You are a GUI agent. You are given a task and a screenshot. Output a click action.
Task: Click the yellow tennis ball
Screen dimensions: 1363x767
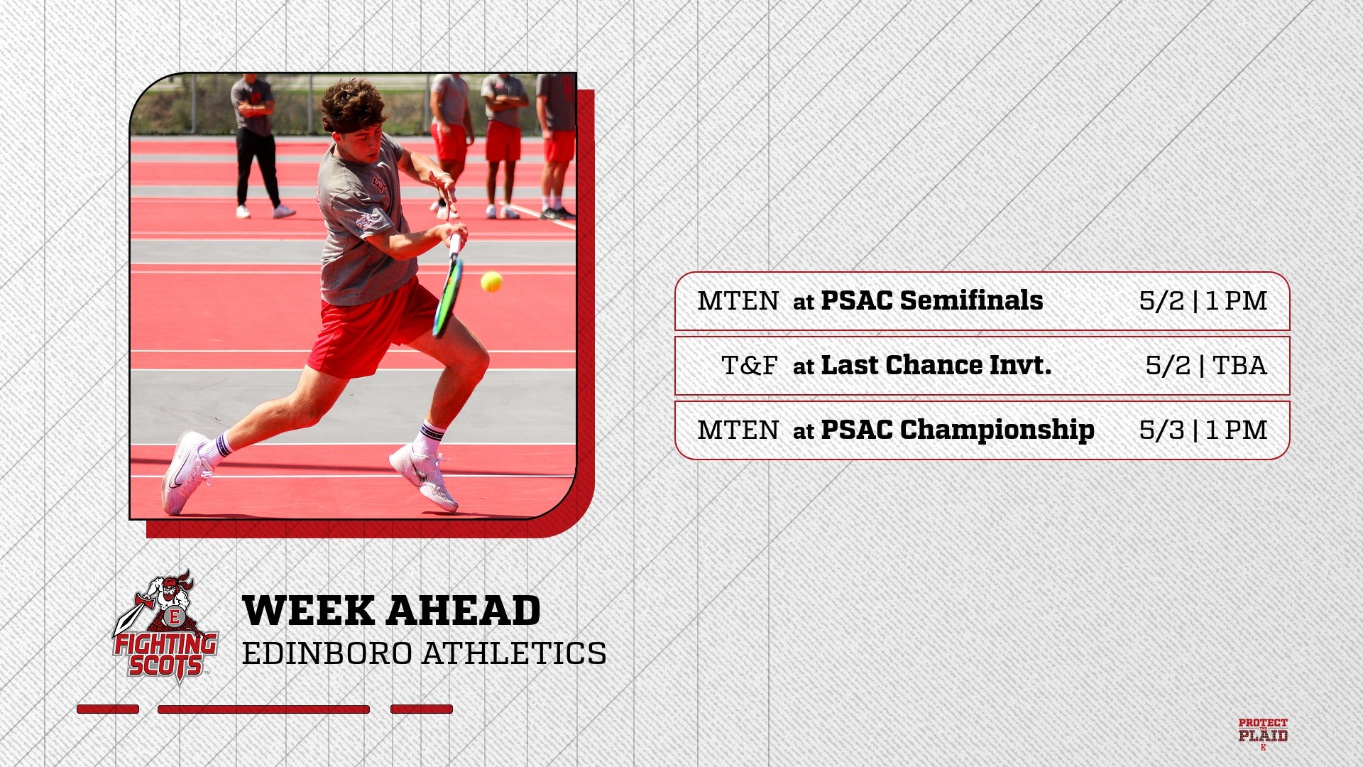[x=491, y=282]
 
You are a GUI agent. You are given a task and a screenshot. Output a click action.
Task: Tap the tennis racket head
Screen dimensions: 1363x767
[x=448, y=297]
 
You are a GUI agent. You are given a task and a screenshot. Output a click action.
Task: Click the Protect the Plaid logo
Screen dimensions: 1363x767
[x=1263, y=734]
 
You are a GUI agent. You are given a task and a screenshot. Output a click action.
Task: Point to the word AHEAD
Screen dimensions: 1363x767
[x=464, y=611]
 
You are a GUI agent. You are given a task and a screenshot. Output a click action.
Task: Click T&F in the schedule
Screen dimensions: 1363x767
[x=750, y=366]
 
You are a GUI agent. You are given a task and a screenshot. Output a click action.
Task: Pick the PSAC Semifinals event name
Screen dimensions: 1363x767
[x=932, y=300]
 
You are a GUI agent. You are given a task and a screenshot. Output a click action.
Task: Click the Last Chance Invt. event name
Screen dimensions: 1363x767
[x=936, y=365]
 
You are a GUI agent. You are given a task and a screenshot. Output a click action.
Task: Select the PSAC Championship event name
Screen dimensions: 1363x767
[x=958, y=430]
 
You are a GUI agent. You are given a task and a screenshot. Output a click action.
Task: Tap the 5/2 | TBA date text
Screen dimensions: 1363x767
[x=1206, y=366]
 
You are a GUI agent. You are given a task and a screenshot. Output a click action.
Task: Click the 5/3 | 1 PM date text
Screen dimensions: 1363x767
[x=1203, y=430]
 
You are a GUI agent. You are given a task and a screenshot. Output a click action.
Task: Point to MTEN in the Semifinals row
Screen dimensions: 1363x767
[x=738, y=301]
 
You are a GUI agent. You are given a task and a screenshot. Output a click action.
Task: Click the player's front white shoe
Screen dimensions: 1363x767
[x=424, y=477]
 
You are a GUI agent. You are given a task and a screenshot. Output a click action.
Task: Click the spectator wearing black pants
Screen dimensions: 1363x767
[x=257, y=146]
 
